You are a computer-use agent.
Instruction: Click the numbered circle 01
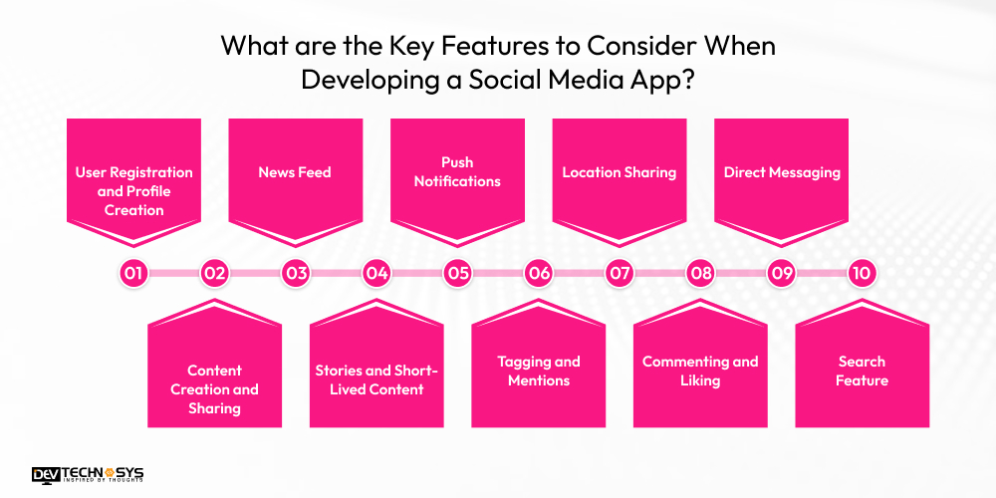tap(133, 273)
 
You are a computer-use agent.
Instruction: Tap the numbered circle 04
tap(376, 273)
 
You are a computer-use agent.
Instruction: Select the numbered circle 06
tap(539, 273)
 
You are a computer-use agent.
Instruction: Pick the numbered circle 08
tap(701, 273)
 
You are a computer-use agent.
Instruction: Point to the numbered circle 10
tap(862, 273)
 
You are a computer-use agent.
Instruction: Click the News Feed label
tap(295, 172)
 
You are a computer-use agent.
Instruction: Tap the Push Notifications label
tap(457, 171)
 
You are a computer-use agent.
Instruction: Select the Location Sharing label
tap(619, 172)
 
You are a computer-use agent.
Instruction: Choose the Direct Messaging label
tap(782, 172)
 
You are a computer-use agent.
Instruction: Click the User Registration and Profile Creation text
tap(133, 191)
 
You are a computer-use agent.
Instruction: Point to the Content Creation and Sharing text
tap(214, 389)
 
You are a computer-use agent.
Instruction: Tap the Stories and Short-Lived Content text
tap(376, 379)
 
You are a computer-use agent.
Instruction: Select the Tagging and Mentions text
tap(539, 371)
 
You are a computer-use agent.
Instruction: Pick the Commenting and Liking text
tap(700, 371)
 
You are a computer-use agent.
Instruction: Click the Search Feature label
tap(862, 371)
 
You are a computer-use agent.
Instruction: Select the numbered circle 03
tap(295, 273)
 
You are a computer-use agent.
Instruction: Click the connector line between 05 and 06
tap(498, 273)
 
